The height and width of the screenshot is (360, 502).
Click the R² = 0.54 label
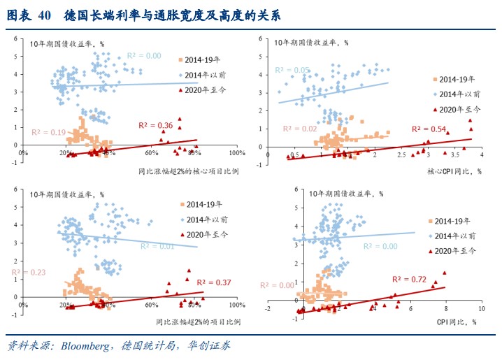pyautogui.click(x=428, y=129)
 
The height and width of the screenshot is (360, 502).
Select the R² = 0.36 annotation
pyautogui.click(x=155, y=125)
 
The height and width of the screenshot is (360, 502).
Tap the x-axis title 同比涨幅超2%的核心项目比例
pyautogui.click(x=189, y=172)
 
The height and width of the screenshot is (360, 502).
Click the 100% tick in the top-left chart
pyautogui.click(x=236, y=153)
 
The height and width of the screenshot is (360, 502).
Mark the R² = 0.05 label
pyautogui.click(x=292, y=70)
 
